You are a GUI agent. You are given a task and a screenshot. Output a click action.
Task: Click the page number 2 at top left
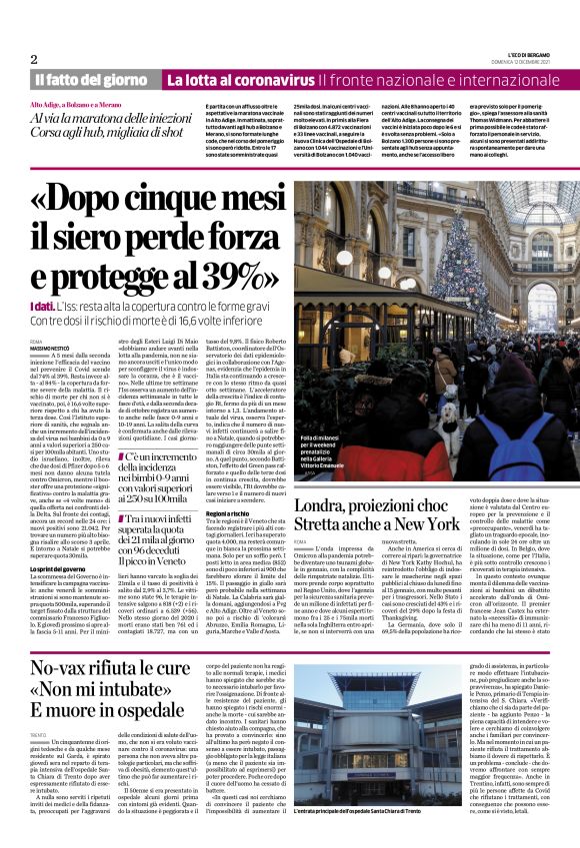click(x=34, y=59)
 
